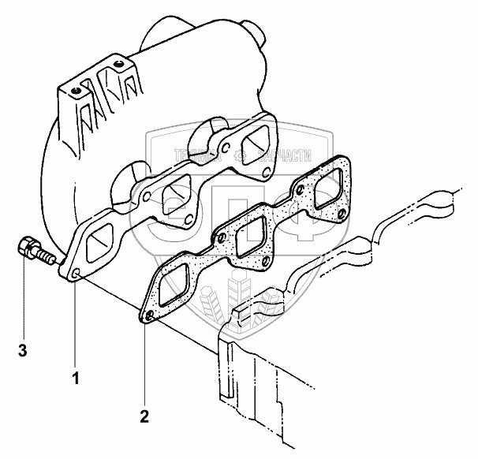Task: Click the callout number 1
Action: click(77, 379)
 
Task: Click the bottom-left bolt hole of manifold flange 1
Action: click(76, 274)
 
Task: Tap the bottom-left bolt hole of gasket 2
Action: click(147, 317)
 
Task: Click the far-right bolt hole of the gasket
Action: click(341, 213)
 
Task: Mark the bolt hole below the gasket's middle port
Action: click(267, 261)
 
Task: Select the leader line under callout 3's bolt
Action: click(24, 300)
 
